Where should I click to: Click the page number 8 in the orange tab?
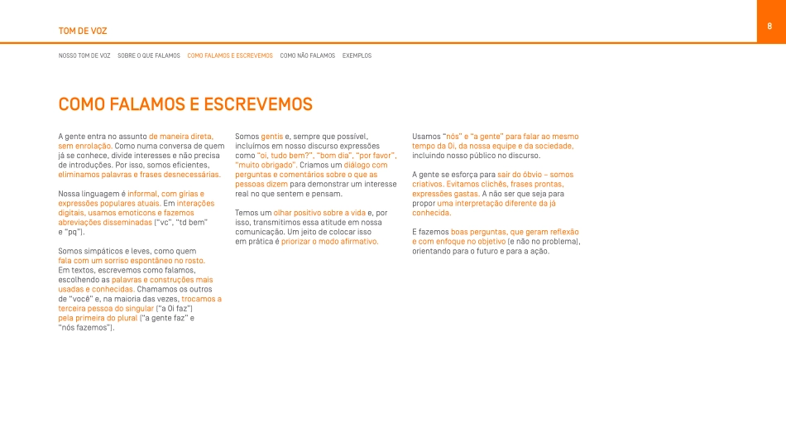tap(769, 26)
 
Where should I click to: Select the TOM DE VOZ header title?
tap(83, 31)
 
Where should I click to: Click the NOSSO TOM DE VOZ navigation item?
tap(84, 55)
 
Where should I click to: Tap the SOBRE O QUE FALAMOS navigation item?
tap(149, 55)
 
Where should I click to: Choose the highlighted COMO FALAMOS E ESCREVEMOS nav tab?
tap(230, 55)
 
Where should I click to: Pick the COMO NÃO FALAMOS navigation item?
tap(308, 55)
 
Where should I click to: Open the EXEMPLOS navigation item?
tap(357, 55)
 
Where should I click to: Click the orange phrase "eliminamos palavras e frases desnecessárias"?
tap(139, 175)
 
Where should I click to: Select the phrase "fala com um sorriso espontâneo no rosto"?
tap(132, 261)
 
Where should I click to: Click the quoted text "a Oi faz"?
tap(175, 308)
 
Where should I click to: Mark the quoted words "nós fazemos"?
tap(84, 327)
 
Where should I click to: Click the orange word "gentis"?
tap(271, 136)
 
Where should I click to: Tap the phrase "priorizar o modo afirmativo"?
tap(329, 242)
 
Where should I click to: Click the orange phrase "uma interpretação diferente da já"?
tap(496, 203)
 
